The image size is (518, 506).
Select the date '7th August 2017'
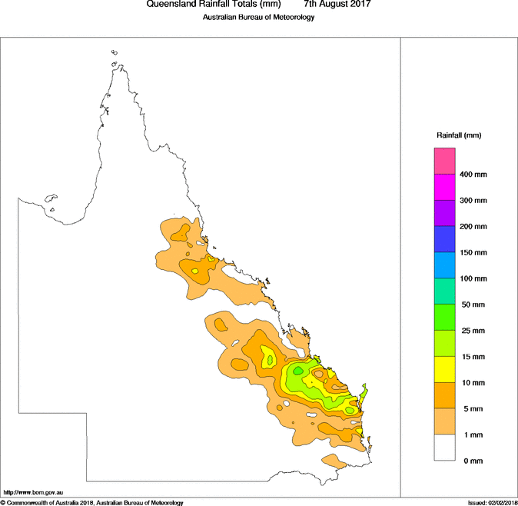337,5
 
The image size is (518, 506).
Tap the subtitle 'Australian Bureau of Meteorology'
259,17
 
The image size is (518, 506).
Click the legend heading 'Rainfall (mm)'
459,135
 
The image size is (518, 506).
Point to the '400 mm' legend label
473,175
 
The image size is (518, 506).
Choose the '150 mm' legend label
473,253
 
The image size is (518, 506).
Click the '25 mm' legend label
473,331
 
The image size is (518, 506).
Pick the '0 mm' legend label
470,461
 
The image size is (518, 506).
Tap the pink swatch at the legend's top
445,161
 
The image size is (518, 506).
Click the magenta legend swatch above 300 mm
445,188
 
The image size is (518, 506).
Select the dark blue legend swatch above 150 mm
445,240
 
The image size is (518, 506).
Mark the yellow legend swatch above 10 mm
445,370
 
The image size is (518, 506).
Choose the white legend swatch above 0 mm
445,448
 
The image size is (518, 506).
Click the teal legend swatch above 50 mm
445,291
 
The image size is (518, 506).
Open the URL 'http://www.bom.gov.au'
32,492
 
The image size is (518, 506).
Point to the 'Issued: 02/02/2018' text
492,503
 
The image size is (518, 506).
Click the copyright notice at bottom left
91,503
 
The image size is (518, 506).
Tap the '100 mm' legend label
473,278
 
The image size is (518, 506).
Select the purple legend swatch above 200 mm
445,214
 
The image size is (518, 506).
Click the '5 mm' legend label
470,408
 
